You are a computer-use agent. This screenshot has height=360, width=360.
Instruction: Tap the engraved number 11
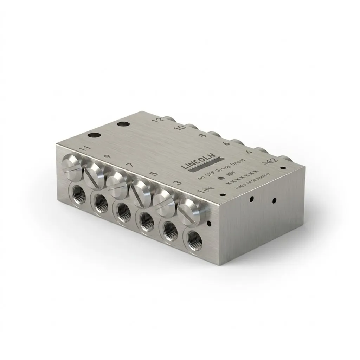point(84,149)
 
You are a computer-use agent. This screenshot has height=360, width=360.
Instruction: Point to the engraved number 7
point(129,165)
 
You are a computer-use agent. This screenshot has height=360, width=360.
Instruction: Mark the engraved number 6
point(226,143)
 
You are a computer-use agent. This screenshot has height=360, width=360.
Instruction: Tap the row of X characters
point(243,177)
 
